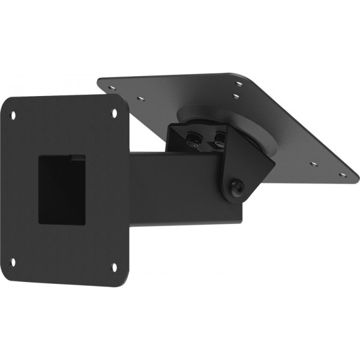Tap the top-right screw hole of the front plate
[116, 112]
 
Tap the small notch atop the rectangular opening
[76, 157]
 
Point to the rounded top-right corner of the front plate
[124, 102]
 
